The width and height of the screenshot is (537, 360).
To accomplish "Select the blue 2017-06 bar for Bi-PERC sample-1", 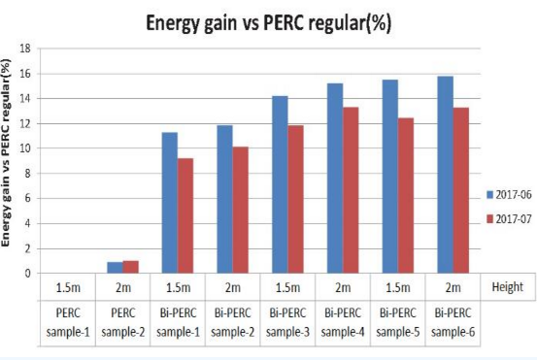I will coord(169,203).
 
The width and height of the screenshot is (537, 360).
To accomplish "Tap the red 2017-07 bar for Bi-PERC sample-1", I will coord(186,215).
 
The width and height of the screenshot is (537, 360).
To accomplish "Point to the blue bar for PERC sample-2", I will coord(115,268).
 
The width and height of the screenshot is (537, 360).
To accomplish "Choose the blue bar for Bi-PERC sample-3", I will coord(280,184).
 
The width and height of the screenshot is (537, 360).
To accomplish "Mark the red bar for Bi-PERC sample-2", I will coord(242,210).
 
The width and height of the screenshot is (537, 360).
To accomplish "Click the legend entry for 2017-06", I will coord(506,196).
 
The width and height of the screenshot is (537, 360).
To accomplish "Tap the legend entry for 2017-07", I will coord(506,218).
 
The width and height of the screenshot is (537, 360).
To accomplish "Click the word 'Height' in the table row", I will coord(506,287).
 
